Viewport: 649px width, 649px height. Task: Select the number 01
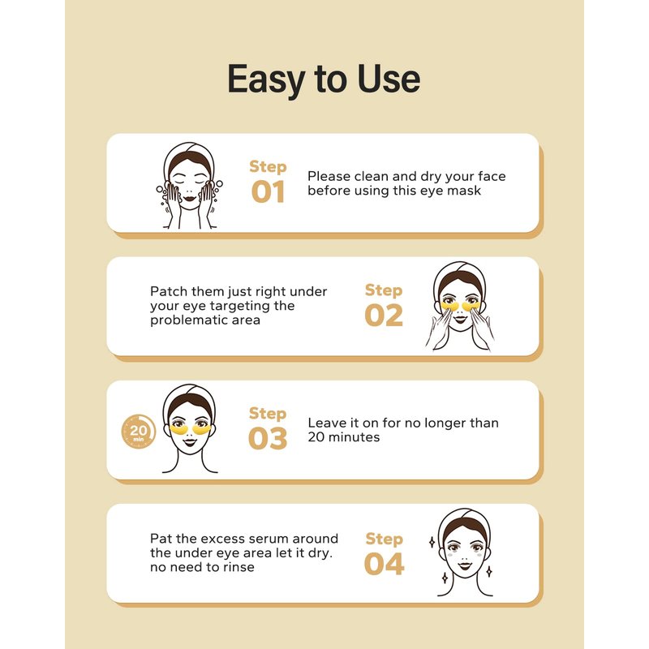268,191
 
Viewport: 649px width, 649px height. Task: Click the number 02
384,316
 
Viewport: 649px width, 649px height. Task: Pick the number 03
268,438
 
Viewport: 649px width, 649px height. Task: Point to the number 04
384,564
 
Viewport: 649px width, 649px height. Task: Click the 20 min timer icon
138,432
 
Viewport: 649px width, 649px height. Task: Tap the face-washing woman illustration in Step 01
190,186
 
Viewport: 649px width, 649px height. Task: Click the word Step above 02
384,290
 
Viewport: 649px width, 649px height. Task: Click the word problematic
189,320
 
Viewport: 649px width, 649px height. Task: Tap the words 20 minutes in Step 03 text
344,437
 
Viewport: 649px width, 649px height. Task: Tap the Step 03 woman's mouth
190,441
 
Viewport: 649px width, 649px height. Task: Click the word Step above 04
384,539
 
